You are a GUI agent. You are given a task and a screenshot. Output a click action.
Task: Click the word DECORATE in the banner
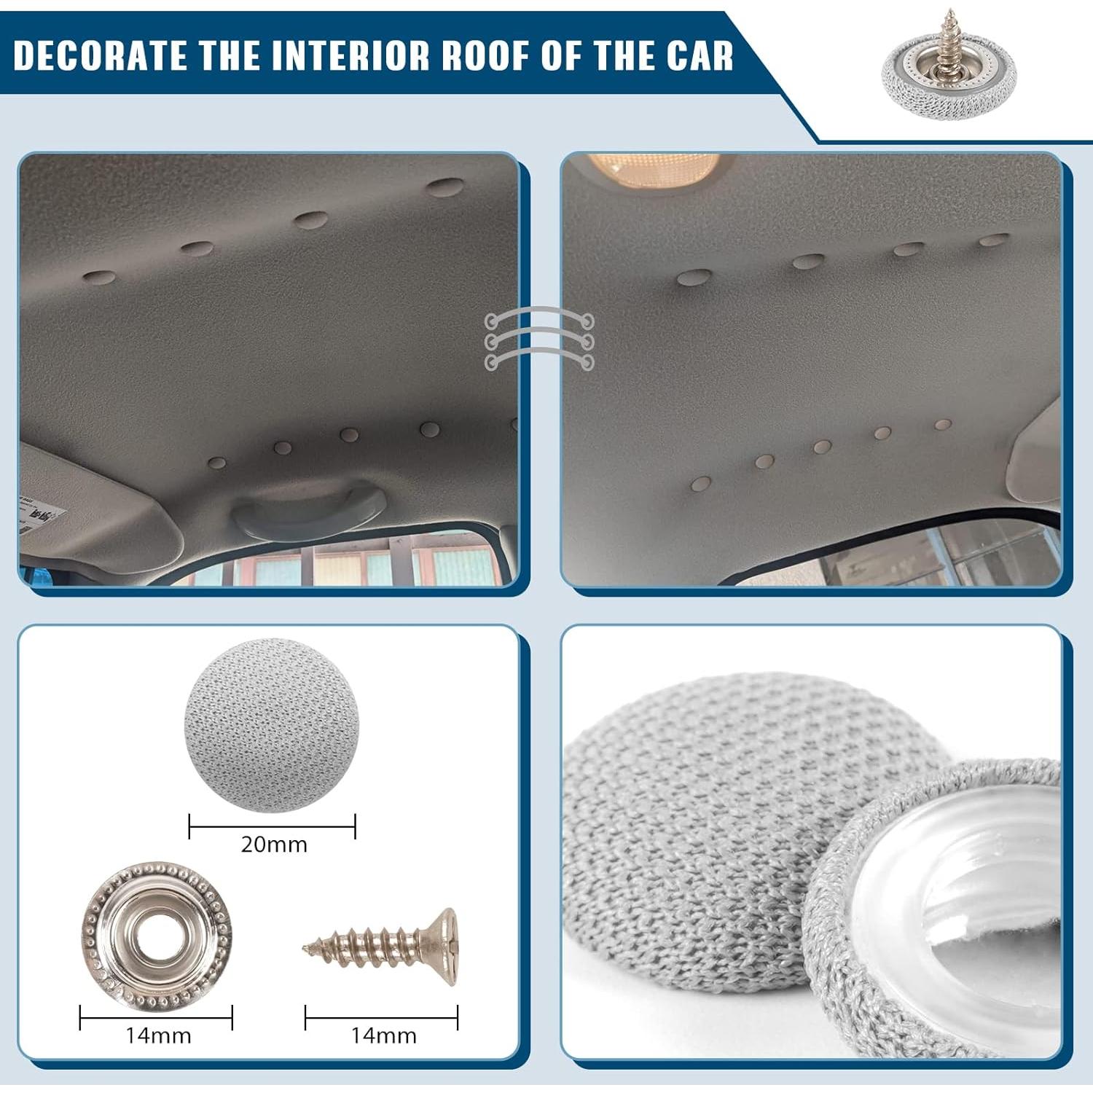coord(99,55)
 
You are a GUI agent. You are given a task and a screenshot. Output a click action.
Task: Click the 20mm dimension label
coord(274,845)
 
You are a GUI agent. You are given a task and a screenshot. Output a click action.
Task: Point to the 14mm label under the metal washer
coord(158,1035)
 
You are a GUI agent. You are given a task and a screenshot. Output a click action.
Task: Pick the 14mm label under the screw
coord(383,1035)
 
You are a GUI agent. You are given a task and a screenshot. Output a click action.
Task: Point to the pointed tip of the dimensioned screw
coord(307,948)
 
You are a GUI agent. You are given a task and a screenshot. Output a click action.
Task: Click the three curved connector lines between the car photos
coord(539,340)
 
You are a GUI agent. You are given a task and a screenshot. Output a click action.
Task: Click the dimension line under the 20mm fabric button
coord(272,826)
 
